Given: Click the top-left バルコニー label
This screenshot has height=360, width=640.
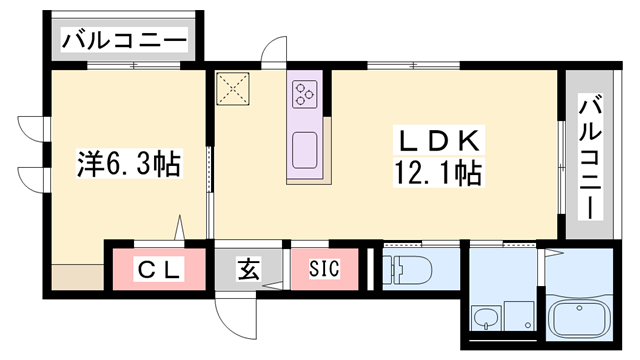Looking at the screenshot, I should pyautogui.click(x=124, y=41).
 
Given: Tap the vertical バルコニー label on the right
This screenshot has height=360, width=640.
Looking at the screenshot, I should pyautogui.click(x=590, y=157).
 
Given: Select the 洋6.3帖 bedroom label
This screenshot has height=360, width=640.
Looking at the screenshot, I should pyautogui.click(x=129, y=163).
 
